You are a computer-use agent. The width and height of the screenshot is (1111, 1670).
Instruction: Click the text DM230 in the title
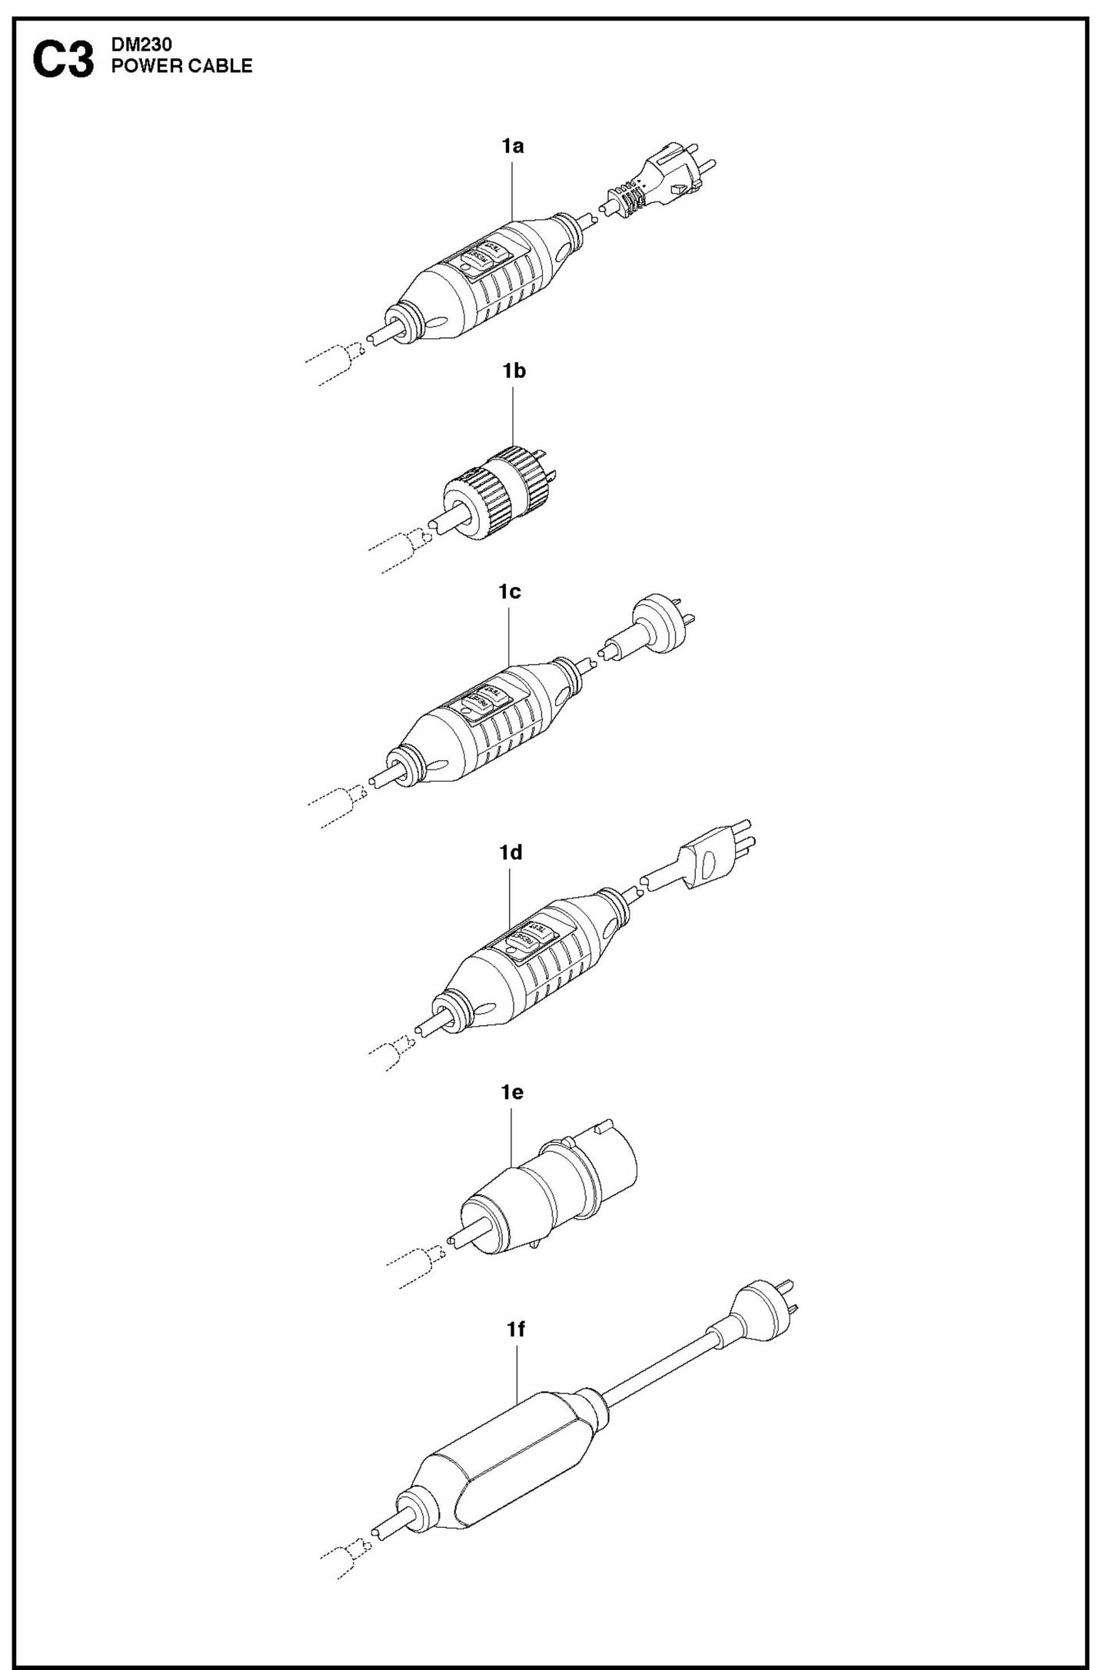coord(136,48)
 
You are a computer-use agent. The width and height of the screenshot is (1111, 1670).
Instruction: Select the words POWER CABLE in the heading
coord(182,67)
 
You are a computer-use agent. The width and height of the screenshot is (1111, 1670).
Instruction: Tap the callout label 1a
coord(513,146)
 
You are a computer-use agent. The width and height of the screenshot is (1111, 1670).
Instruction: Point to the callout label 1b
coord(514,371)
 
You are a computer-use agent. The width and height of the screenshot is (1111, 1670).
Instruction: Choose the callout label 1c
coord(510,592)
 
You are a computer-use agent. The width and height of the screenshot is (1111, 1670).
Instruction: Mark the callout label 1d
coord(511,852)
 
